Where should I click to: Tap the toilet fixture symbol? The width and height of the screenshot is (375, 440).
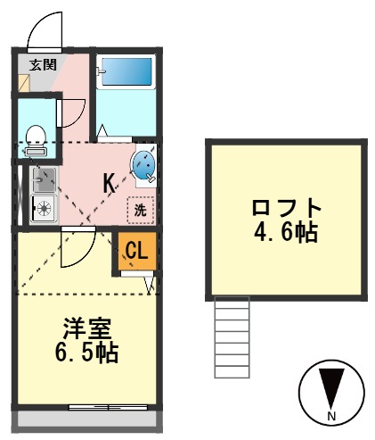(37, 137)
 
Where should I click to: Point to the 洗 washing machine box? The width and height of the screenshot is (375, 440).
(140, 210)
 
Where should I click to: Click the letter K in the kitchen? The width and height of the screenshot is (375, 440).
(109, 183)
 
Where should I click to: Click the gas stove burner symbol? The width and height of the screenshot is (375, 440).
(42, 210)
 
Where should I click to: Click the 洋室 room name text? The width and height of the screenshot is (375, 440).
(83, 327)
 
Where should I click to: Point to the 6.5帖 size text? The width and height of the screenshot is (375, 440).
(83, 351)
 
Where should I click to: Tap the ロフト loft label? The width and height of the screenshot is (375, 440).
(286, 208)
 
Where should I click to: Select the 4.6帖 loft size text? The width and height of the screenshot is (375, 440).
(286, 233)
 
